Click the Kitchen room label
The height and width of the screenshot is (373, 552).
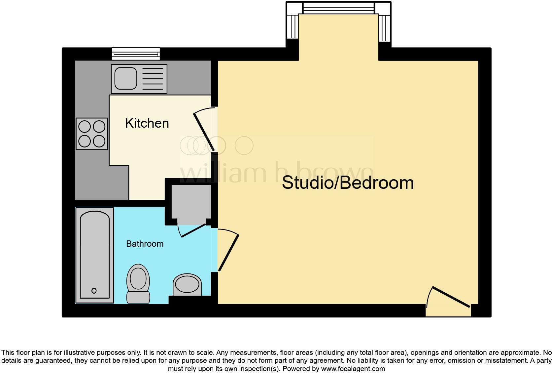tap(147, 123)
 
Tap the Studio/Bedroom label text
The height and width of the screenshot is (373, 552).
tap(348, 183)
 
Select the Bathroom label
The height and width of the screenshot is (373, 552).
tap(145, 244)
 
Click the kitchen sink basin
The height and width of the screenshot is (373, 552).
tap(126, 79)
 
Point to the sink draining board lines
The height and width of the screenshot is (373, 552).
tap(153, 79)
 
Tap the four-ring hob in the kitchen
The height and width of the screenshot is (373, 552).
tap(92, 134)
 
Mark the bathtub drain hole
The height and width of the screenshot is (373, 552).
tap(94, 291)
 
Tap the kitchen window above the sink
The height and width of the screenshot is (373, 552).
tap(136, 53)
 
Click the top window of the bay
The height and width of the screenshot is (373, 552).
tap(339, 8)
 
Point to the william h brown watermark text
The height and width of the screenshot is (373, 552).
tap(277, 172)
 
